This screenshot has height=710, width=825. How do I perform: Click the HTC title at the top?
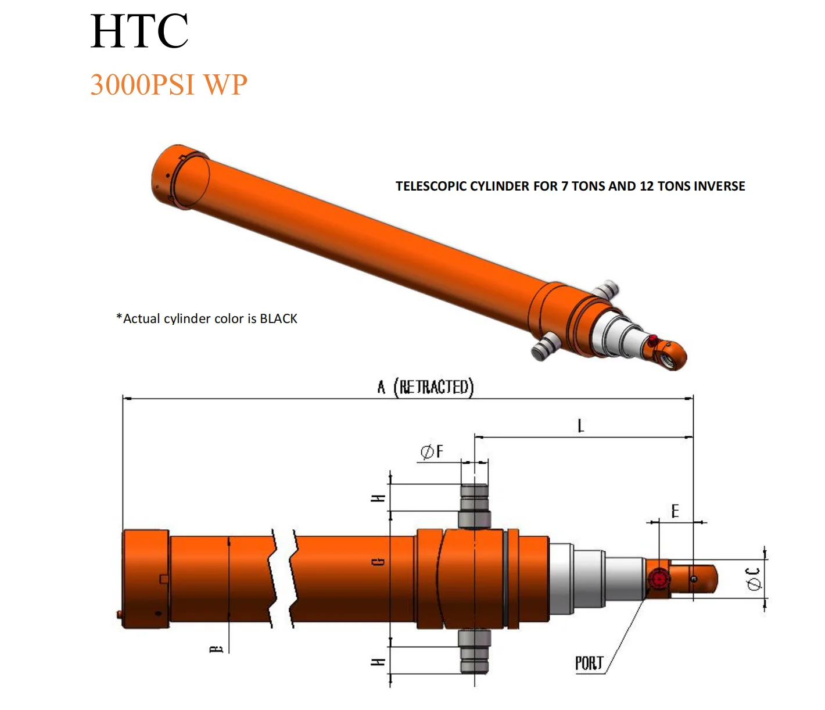[x=139, y=31]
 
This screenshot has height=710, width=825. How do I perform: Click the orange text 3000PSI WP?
[x=168, y=85]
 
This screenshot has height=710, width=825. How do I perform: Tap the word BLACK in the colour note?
[x=278, y=319]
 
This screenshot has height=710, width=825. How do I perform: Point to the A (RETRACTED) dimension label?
[x=425, y=387]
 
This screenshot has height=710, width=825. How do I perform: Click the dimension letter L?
[x=580, y=426]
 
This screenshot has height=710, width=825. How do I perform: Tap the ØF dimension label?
[x=432, y=451]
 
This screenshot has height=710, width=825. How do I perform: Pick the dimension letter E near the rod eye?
[x=675, y=511]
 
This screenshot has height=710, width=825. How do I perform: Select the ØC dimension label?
[x=754, y=579]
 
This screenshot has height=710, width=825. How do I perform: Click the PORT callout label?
[x=589, y=663]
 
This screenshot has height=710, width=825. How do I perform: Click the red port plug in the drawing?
[x=658, y=579]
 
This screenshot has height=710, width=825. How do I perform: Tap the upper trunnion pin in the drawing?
[x=475, y=505]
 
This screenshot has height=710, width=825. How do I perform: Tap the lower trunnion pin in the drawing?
[x=475, y=651]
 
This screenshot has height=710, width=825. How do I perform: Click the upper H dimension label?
[x=378, y=499]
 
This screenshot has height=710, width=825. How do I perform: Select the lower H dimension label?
[x=378, y=662]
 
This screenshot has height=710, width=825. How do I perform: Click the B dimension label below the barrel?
[x=216, y=648]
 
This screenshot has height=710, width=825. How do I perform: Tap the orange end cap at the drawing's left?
[x=145, y=578]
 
